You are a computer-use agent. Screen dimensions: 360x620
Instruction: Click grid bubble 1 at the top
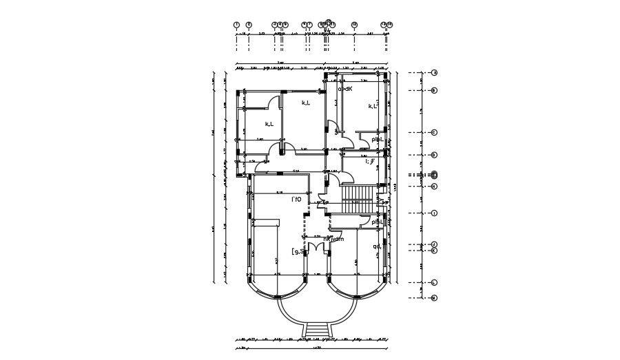coord(236,25)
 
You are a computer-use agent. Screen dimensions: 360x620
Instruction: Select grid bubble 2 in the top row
coord(249,25)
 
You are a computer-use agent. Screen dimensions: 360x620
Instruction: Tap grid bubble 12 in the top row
coord(354,25)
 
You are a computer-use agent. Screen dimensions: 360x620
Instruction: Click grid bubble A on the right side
coord(435,72)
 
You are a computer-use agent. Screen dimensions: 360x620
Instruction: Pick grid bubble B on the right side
coord(435,90)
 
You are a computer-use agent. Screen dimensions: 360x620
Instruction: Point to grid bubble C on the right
coord(435,132)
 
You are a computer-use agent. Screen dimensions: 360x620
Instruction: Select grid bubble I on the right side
coord(435,213)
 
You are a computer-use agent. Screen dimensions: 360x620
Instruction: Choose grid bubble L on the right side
coord(435,283)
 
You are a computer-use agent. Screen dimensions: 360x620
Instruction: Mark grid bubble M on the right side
coord(435,297)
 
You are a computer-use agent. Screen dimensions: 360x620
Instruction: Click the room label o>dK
coord(345,89)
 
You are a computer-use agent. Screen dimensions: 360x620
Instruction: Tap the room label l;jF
coord(369,162)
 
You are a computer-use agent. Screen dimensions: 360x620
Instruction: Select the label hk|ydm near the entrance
coord(333,239)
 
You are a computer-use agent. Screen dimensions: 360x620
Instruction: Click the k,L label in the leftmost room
coord(269,124)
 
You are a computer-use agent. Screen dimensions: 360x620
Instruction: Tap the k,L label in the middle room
coord(305,103)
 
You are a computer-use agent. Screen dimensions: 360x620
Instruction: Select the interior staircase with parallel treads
coord(358,200)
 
